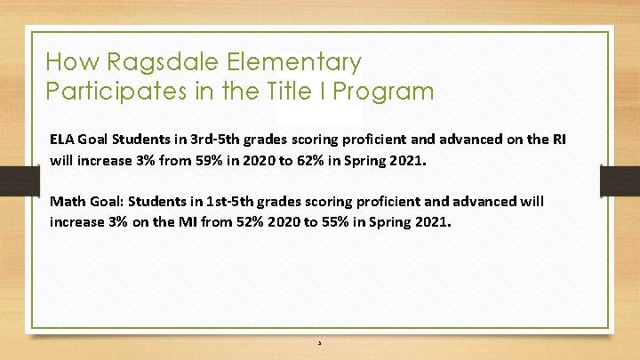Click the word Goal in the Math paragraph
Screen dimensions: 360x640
pos(108,202)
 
